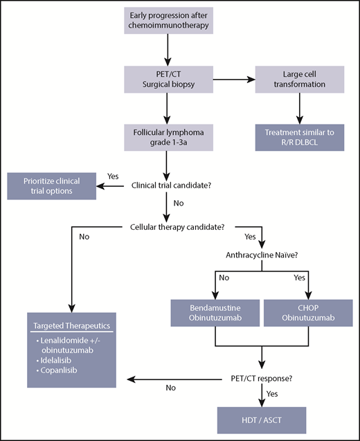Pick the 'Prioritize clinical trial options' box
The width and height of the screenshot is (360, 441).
click(52, 186)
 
